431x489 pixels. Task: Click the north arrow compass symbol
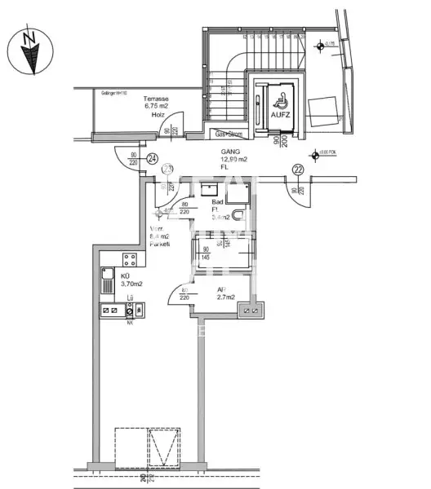31,51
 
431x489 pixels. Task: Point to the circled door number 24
152,158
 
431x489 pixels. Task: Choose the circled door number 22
299,169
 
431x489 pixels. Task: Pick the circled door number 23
167,170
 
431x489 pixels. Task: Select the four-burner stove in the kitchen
128,260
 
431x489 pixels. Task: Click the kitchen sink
107,283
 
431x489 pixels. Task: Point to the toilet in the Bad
238,214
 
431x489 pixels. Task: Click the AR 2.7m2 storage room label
225,294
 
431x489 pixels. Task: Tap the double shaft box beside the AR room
251,309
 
